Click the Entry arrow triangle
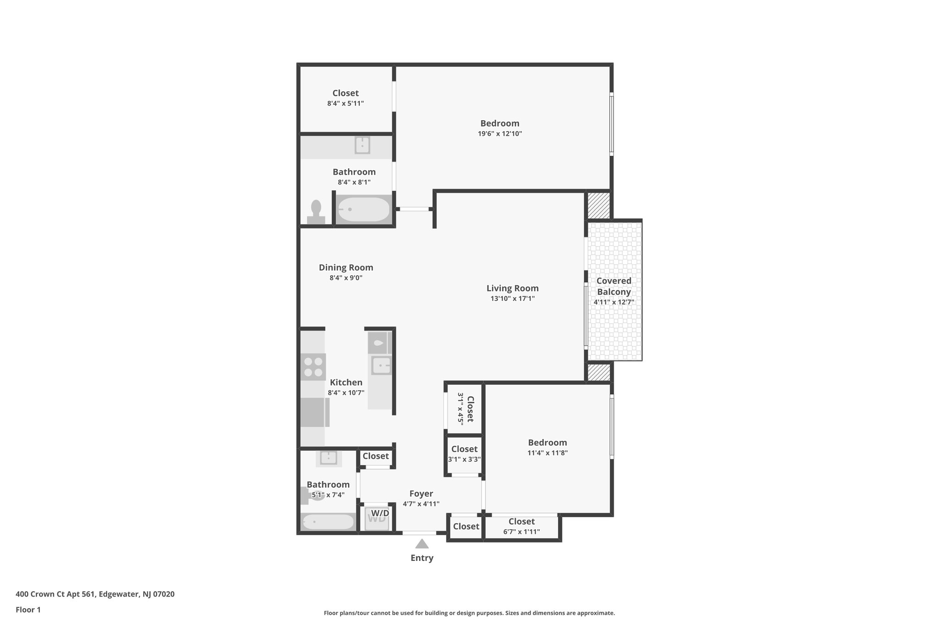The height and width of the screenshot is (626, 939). (x=422, y=544)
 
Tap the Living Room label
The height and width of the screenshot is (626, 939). (x=512, y=288)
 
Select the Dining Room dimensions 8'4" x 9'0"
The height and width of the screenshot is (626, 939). (x=346, y=278)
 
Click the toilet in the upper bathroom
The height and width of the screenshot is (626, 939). (x=316, y=212)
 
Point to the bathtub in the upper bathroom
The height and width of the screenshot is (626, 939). (x=364, y=210)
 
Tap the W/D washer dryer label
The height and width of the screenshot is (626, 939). (x=380, y=513)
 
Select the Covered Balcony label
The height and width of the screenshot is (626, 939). (x=613, y=286)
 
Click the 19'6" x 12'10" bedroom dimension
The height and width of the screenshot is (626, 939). (x=500, y=134)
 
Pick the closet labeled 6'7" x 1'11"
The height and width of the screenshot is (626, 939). (x=521, y=526)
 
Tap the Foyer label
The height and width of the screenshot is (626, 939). (x=421, y=494)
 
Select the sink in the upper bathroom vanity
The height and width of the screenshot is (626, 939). (x=362, y=145)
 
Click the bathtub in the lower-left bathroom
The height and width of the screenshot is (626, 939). (x=328, y=522)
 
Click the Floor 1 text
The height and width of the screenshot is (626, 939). (x=28, y=609)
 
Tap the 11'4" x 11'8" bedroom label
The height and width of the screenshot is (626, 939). (x=547, y=448)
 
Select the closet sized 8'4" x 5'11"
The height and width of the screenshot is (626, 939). (x=345, y=98)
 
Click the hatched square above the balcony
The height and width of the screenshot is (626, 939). (x=599, y=205)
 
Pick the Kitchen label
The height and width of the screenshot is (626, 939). (x=346, y=382)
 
